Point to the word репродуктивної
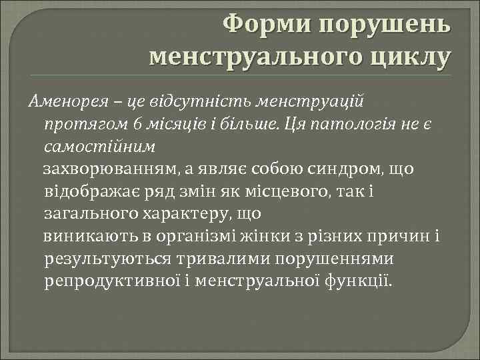[x=120, y=282]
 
